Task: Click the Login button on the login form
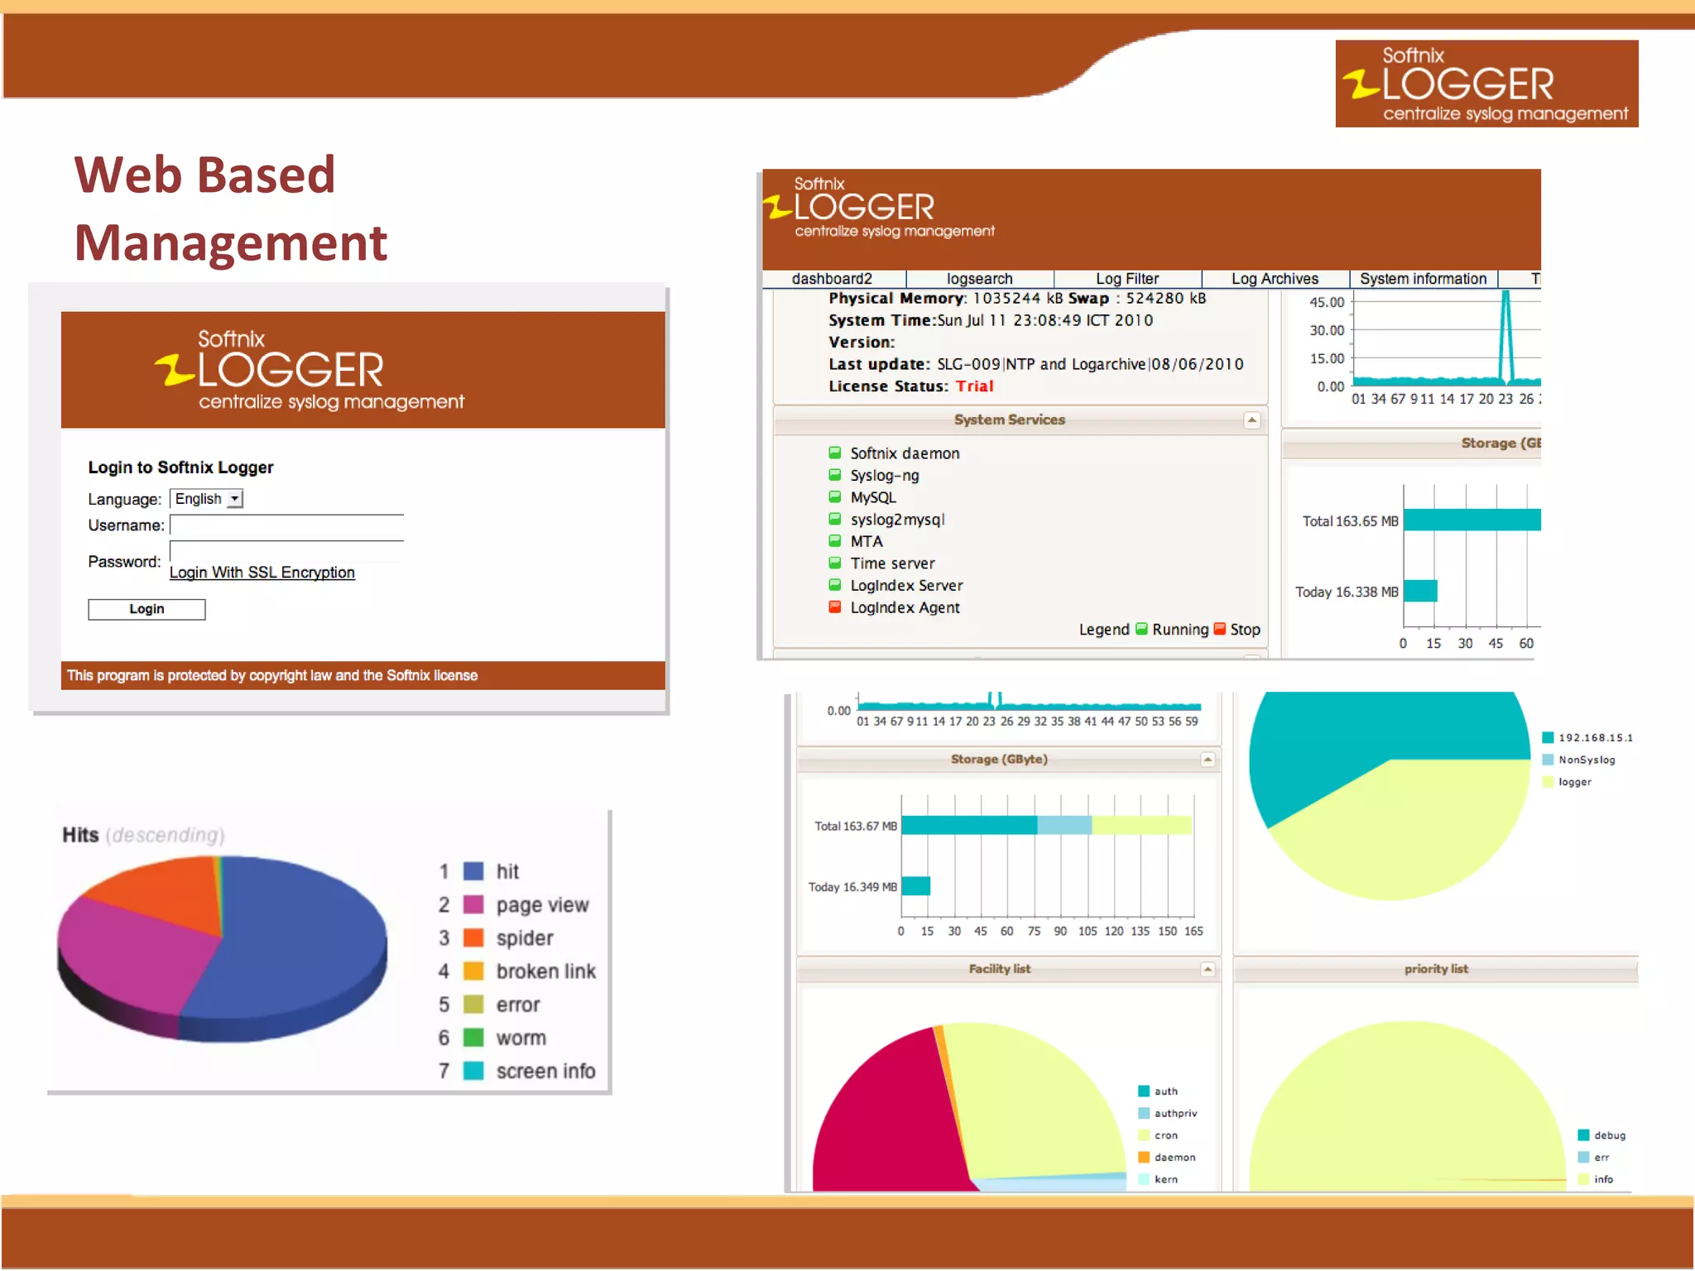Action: [146, 610]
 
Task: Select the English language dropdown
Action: [206, 499]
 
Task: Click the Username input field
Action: [286, 525]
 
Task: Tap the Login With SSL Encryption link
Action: [262, 573]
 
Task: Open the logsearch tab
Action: [979, 279]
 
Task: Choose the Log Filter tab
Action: [1126, 279]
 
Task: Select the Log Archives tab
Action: [1275, 279]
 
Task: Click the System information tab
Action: [1423, 279]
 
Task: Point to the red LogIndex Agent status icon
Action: [835, 607]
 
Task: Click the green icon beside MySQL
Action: [835, 497]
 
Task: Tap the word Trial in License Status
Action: [974, 386]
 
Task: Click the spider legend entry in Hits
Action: [524, 938]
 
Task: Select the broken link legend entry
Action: [545, 971]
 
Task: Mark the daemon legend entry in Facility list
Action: [1174, 1158]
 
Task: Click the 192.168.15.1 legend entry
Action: [1594, 738]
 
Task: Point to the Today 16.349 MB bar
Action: [915, 886]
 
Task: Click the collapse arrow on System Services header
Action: [1252, 420]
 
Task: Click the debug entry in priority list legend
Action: [1609, 1135]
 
